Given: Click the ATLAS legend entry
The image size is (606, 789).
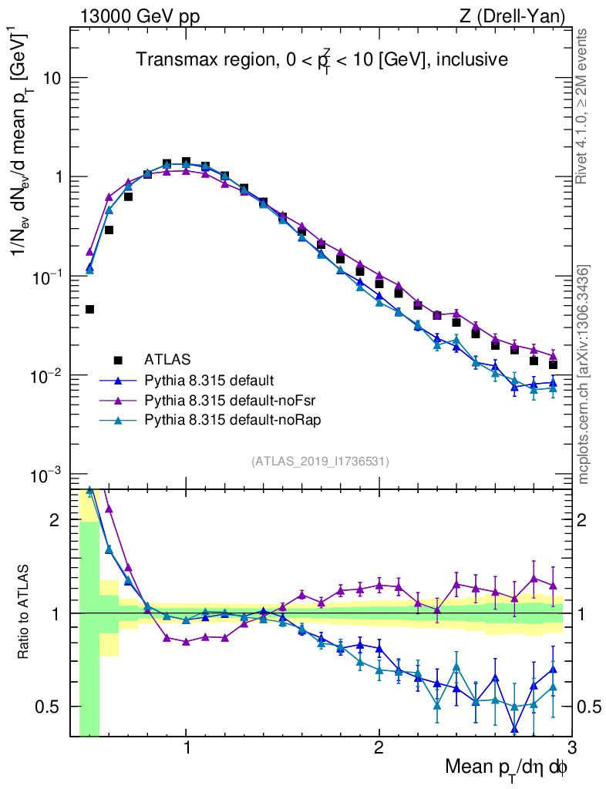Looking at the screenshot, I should point(166,359).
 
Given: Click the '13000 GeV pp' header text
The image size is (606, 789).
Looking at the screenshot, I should point(139,15).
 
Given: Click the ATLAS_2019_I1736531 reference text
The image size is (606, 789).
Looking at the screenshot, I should point(320,462).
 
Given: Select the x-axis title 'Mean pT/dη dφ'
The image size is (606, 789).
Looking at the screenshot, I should point(507,767).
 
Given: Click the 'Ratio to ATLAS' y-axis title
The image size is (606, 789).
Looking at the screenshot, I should point(25,613).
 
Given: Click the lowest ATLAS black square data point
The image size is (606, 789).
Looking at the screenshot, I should point(89,310).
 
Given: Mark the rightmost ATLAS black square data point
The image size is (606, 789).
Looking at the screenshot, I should point(553,364).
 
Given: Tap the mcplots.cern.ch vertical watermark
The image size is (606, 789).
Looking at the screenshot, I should point(584,375).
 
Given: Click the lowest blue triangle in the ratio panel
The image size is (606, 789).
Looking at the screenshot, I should point(514,729).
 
